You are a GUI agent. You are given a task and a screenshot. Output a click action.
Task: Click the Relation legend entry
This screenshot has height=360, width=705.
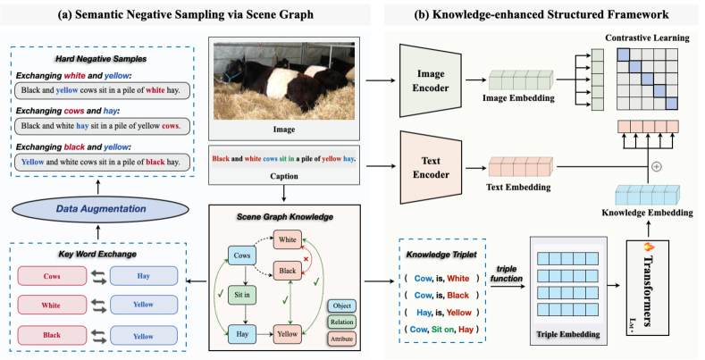click(342, 322)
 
